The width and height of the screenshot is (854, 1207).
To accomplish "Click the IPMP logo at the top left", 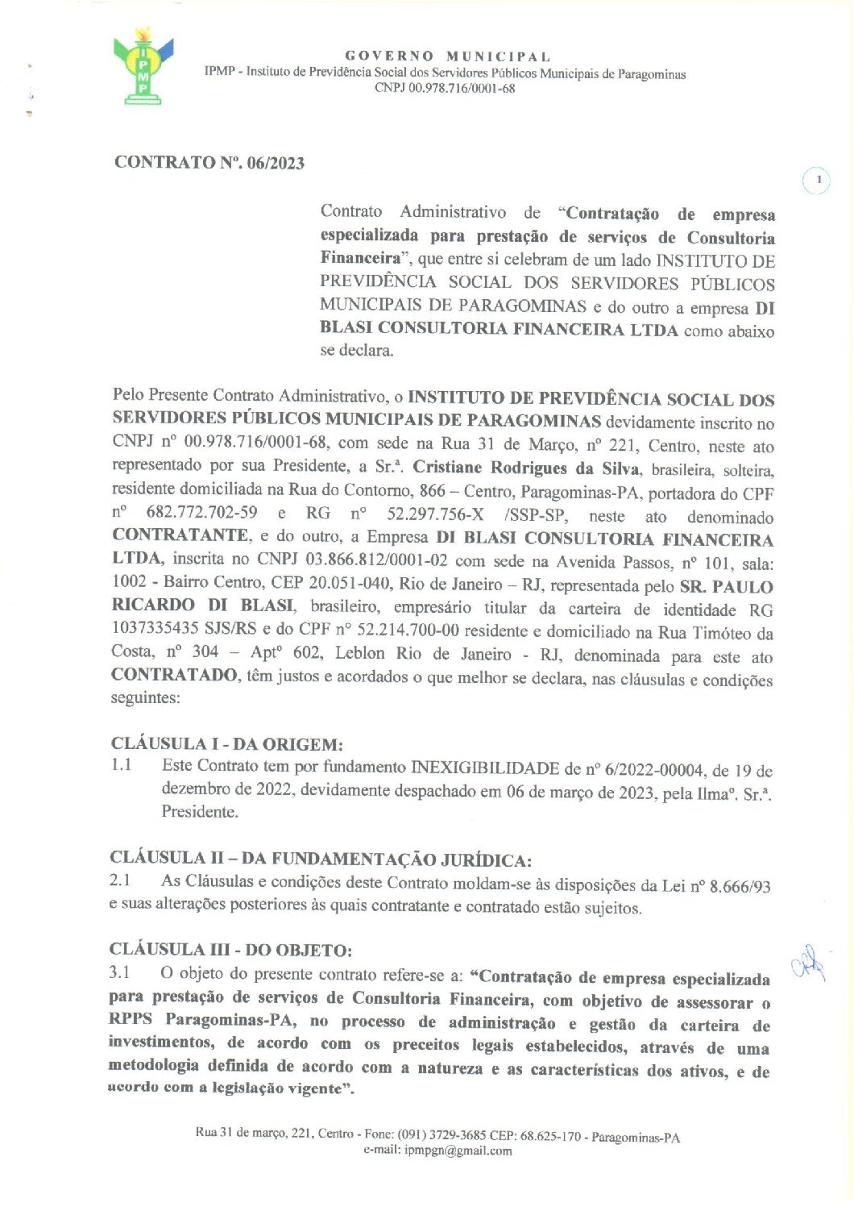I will click(143, 67).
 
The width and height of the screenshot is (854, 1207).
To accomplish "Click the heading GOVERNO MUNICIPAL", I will click(448, 56).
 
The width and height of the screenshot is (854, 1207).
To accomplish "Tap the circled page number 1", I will click(817, 181).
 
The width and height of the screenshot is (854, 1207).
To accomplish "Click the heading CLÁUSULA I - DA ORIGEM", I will click(226, 743).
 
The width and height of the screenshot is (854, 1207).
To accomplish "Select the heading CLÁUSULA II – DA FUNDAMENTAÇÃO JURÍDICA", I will click(320, 859).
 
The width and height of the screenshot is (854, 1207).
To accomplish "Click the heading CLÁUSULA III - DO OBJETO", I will click(230, 950).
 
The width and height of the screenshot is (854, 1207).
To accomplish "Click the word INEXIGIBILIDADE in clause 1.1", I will click(485, 768).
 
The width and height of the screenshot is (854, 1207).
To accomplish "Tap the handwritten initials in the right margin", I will click(809, 963).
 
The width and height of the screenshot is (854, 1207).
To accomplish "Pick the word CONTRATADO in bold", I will click(173, 675).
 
